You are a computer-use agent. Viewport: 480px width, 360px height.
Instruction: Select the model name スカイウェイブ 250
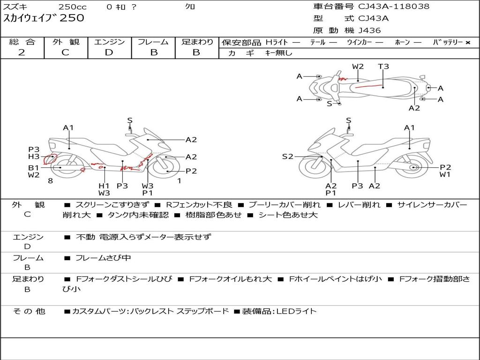pyautogui.click(x=44, y=18)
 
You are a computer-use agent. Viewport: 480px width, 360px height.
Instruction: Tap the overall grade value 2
pyautogui.click(x=22, y=52)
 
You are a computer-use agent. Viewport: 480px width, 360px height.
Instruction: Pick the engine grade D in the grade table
pyautogui.click(x=109, y=52)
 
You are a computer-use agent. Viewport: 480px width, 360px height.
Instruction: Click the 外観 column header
pyautogui.click(x=66, y=42)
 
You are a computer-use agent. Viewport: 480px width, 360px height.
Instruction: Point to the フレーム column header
pyautogui.click(x=153, y=42)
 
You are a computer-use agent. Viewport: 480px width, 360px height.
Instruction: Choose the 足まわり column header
pyautogui.click(x=197, y=42)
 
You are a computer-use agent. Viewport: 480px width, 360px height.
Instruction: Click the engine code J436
pyautogui.click(x=370, y=30)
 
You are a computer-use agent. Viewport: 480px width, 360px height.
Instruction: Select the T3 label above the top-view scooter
pyautogui.click(x=383, y=67)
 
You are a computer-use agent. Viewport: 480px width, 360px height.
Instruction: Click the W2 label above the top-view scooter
pyautogui.click(x=358, y=67)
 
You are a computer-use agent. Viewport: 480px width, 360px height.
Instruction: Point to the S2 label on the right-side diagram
pyautogui.click(x=287, y=157)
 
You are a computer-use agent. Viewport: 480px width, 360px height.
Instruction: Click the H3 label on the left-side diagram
pyautogui.click(x=34, y=157)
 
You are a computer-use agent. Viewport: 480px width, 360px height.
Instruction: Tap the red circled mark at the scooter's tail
pyautogui.click(x=50, y=158)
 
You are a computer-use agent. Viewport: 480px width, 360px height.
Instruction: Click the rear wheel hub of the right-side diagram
pyautogui.click(x=413, y=167)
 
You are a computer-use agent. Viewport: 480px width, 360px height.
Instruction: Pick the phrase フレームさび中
pyautogui.click(x=103, y=258)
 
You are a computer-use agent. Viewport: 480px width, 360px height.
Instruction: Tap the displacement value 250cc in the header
pyautogui.click(x=72, y=7)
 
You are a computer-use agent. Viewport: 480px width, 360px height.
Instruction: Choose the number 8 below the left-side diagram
pyautogui.click(x=50, y=180)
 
